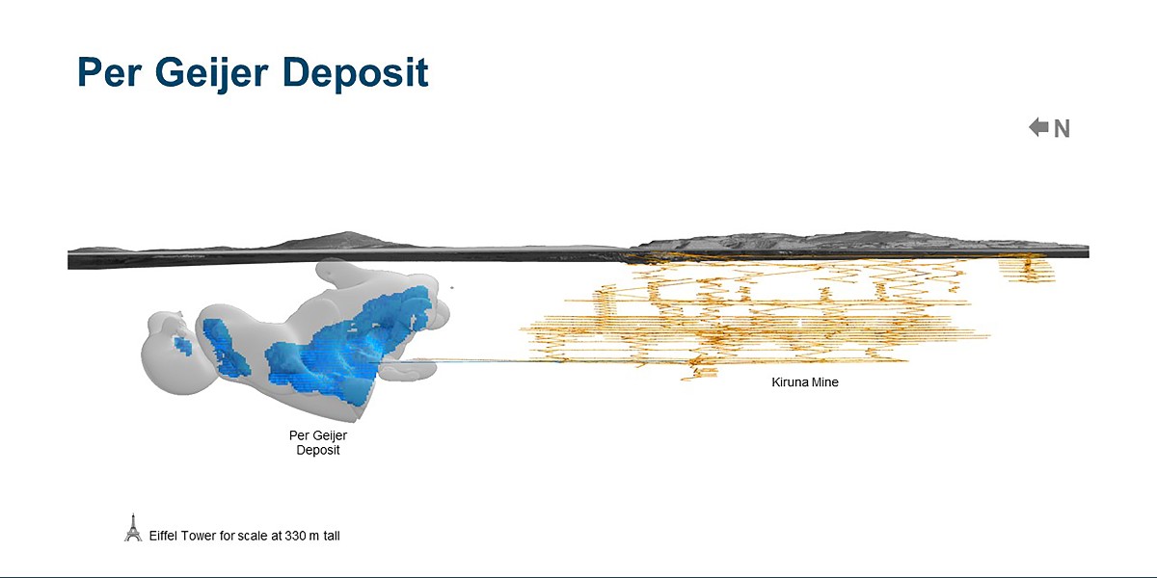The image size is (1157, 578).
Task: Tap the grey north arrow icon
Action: point(1038,127)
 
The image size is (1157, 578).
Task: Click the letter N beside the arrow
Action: point(1062,129)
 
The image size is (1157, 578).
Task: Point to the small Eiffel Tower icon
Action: point(133,528)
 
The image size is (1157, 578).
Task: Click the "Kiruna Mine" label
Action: point(805,382)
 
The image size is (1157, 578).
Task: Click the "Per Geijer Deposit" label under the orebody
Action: point(318,443)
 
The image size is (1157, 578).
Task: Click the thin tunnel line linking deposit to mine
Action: point(463,361)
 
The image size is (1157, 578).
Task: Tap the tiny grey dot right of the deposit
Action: point(451,286)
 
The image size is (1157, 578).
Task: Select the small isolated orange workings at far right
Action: point(1028,267)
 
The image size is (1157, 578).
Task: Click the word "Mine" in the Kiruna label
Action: point(825,382)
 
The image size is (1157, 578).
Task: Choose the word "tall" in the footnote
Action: point(330,535)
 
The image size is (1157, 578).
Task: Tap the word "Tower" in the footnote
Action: point(201,535)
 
